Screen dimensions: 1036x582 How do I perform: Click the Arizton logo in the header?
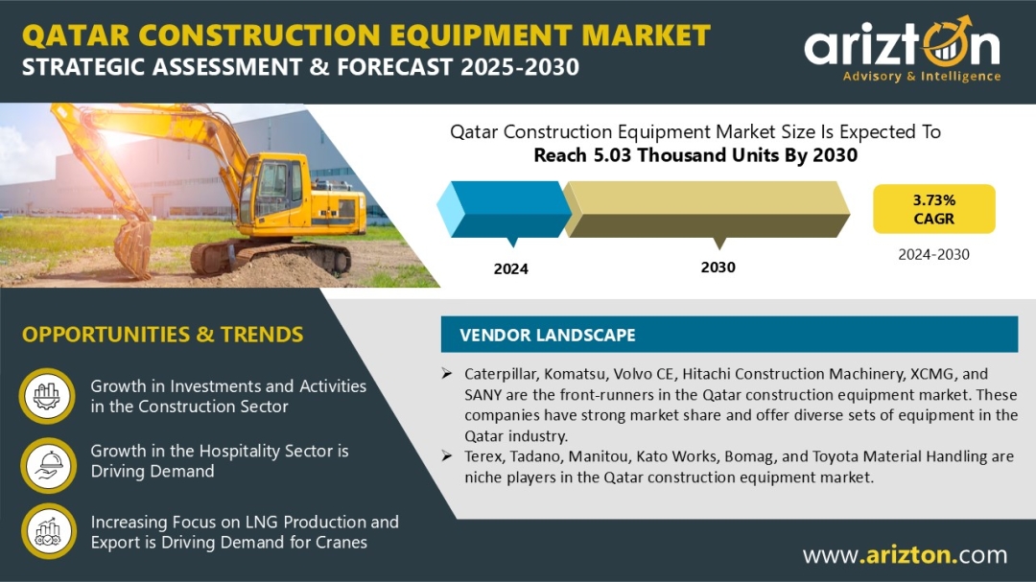[902, 49]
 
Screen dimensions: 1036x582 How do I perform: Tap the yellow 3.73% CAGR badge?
[933, 209]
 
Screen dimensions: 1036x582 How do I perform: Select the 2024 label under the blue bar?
[510, 268]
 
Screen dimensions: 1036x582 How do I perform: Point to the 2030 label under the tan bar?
[718, 267]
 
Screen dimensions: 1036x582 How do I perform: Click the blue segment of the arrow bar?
[506, 209]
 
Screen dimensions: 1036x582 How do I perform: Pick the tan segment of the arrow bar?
[707, 209]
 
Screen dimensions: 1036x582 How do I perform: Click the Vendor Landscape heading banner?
[729, 335]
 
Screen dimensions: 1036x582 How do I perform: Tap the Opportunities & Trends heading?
[162, 335]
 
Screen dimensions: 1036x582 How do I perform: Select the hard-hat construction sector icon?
[47, 396]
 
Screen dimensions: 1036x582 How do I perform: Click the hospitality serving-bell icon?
[48, 465]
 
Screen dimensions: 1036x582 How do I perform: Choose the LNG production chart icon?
[48, 531]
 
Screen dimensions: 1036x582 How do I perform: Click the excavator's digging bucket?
[133, 248]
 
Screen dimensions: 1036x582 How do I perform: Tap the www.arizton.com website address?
[906, 554]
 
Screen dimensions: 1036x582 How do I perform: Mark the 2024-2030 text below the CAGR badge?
[933, 254]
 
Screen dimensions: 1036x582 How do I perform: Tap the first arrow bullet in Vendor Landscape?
[447, 374]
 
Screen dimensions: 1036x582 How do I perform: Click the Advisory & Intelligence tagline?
[922, 76]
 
